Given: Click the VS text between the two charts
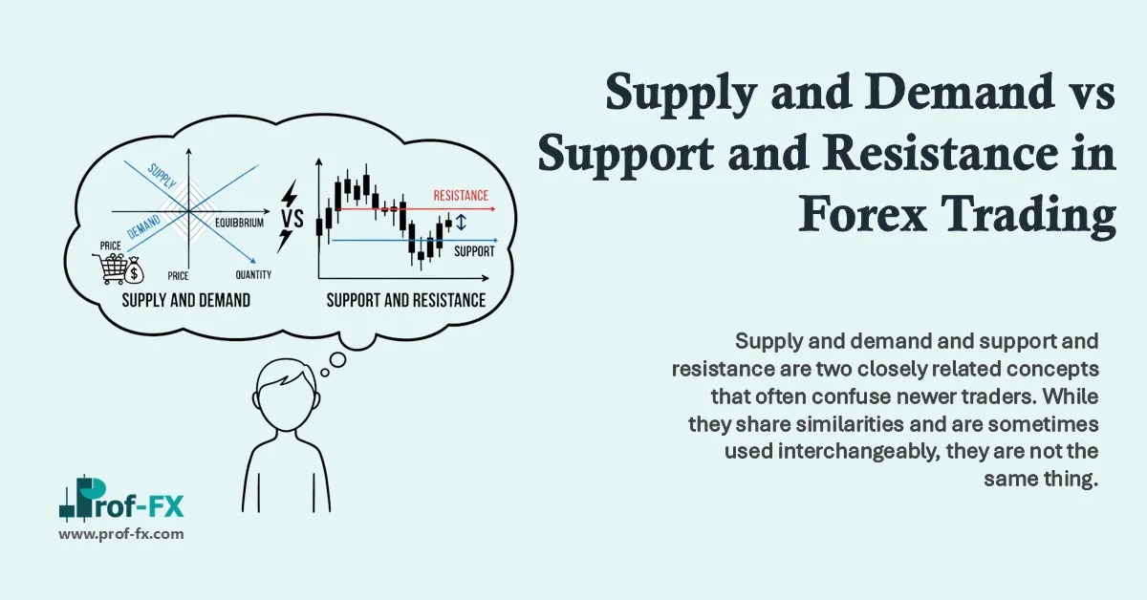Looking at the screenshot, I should pos(290,220).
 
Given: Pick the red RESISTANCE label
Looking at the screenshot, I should pos(461,195).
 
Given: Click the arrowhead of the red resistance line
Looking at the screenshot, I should pos(492,208).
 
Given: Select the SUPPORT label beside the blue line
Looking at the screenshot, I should pos(474,252).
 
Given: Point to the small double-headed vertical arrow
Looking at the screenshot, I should pos(461,223).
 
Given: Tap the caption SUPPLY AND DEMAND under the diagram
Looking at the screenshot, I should pos(186,300).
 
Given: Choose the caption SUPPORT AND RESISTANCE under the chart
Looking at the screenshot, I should pos(406,300).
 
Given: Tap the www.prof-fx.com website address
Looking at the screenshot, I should pos(121,535).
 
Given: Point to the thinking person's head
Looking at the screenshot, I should pos(284,402).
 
